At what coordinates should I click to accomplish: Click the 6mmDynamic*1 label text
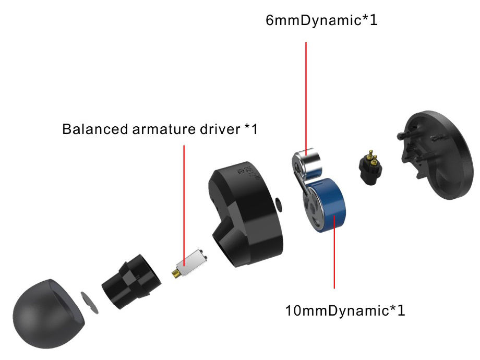pos(321,21)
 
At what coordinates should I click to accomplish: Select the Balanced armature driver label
pos(160,129)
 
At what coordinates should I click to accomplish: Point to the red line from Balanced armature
pos(184,198)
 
